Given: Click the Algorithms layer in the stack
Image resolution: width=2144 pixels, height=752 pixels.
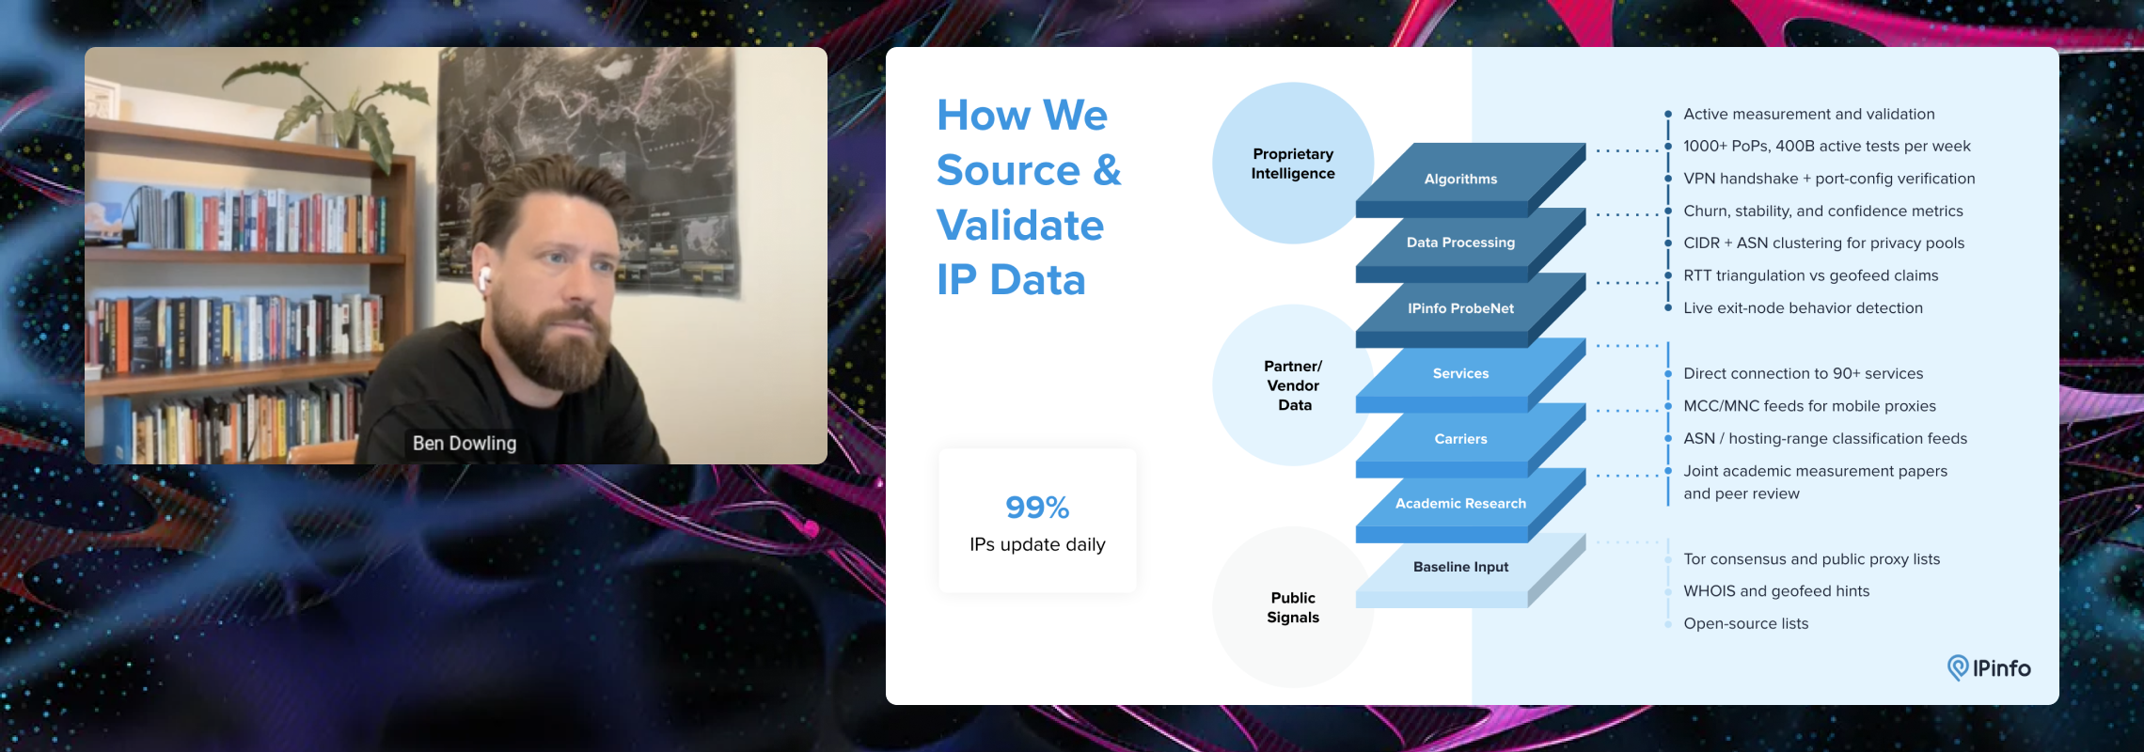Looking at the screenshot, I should [1460, 179].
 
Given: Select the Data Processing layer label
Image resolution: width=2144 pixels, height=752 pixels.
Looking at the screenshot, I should [1460, 243].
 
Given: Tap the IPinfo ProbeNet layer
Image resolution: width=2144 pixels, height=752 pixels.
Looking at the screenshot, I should [1460, 308].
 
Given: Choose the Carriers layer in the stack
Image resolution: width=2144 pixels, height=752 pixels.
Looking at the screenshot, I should [1460, 439].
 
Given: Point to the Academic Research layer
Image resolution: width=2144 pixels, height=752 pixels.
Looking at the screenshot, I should [1460, 504].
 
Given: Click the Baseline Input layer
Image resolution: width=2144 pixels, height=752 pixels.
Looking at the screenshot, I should [1460, 567].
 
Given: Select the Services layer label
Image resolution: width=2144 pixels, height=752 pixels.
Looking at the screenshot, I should [1460, 373].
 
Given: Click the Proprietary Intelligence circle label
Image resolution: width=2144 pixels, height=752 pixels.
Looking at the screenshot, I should [1293, 164].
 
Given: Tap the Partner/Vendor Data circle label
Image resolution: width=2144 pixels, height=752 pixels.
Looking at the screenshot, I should [1293, 385].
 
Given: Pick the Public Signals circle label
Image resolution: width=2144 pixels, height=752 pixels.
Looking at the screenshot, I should [1293, 607].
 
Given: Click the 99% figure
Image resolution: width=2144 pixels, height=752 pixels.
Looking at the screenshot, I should [1037, 508].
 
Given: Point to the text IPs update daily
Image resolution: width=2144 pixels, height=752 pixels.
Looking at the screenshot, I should [1037, 544].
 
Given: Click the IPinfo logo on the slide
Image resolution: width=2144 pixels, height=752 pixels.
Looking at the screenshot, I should [1989, 668].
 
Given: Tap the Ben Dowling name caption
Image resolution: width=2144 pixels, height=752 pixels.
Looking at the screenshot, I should [465, 443].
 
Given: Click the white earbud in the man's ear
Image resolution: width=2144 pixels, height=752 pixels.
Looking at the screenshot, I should [485, 278].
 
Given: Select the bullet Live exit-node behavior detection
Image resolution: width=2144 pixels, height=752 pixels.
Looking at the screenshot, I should [1803, 308].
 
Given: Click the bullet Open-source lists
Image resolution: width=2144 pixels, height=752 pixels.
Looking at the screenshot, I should [1745, 623].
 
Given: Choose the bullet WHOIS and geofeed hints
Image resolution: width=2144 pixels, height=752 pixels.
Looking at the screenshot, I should [1776, 591].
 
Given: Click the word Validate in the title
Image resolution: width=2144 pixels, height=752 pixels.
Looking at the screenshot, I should [1020, 226].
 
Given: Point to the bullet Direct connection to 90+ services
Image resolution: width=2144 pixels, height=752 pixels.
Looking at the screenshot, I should [1803, 373].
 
